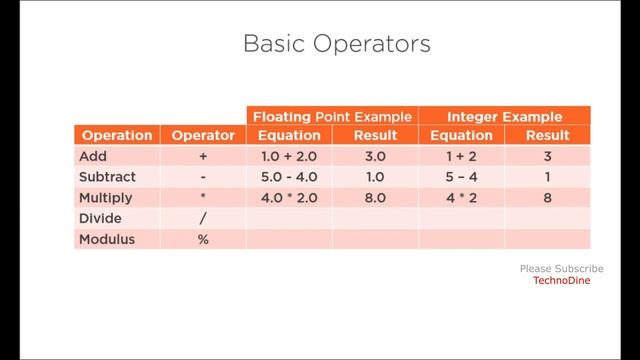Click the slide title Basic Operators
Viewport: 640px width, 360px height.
(337, 45)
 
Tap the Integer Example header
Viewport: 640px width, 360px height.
(504, 116)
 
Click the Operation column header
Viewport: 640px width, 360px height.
(117, 135)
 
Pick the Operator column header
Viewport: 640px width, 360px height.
(203, 135)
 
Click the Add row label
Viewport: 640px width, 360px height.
(93, 157)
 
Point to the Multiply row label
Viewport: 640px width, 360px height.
(104, 198)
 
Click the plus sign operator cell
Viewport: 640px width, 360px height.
(203, 157)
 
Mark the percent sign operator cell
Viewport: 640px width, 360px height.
(203, 240)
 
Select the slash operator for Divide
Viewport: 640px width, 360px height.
(203, 219)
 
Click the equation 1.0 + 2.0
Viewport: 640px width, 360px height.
(289, 157)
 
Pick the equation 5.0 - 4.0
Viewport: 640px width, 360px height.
(289, 177)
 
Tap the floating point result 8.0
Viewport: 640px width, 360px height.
(375, 198)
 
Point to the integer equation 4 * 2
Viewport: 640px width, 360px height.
(461, 198)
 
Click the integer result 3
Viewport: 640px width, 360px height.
(547, 157)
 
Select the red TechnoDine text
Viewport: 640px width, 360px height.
(561, 281)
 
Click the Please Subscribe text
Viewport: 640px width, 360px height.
(561, 269)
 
